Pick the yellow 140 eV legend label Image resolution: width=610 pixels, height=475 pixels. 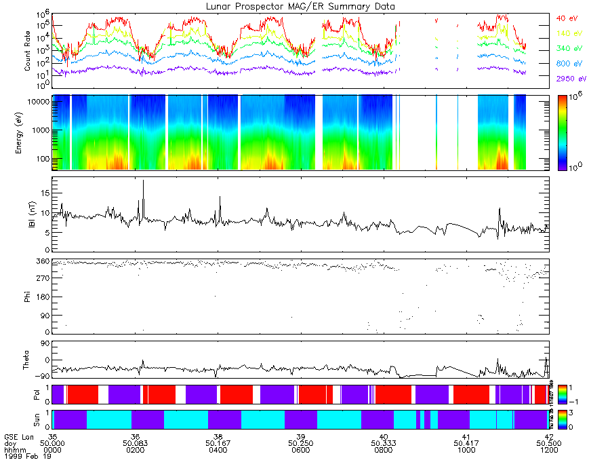click(x=569, y=33)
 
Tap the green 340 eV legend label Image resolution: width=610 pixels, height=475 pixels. click(x=569, y=47)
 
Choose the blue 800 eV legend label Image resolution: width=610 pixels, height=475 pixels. click(x=569, y=63)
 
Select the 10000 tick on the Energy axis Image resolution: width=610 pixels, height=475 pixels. click(x=38, y=100)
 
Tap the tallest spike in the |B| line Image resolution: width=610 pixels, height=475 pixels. click(x=143, y=182)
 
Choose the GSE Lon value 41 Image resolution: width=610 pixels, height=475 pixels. click(x=466, y=436)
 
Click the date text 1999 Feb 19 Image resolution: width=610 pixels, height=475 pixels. click(x=26, y=455)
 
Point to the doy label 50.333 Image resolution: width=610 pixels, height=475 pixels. click(x=383, y=442)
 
